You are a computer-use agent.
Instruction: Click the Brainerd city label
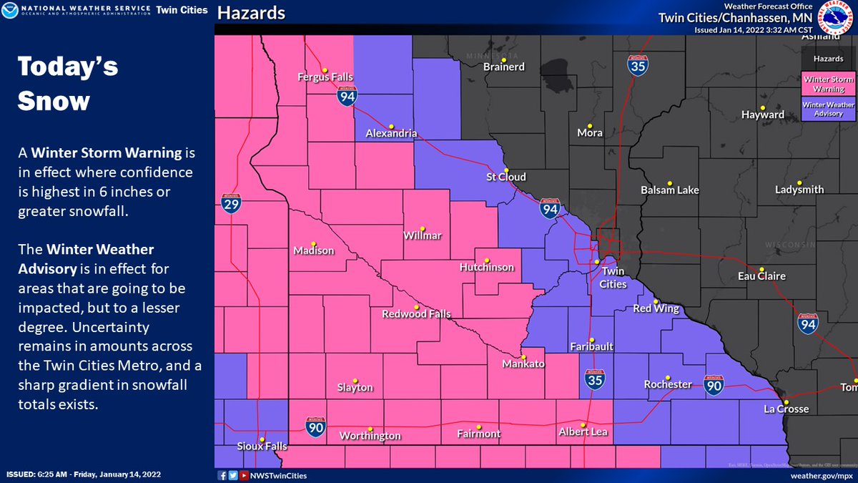pos(504,67)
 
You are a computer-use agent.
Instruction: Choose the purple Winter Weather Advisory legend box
pos(828,109)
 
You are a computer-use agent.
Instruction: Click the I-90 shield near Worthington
pos(316,426)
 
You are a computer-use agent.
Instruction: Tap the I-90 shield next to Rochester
pos(714,384)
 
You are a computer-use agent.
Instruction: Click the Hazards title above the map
pos(251,13)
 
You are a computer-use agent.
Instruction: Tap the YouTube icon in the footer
pos(245,475)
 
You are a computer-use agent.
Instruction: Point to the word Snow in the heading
pos(54,101)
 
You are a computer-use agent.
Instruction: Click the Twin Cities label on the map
pos(613,278)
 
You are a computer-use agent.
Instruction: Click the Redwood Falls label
pos(415,314)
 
